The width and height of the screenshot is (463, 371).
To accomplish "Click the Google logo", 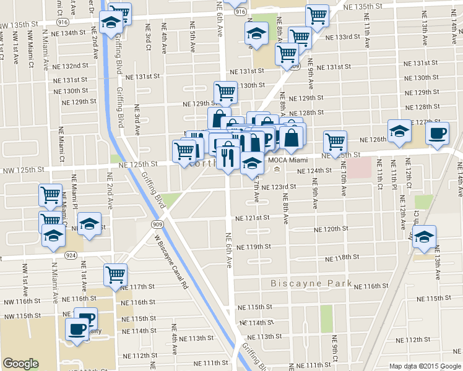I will pyautogui.click(x=20, y=364).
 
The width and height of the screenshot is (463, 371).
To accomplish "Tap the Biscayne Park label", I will pyautogui.click(x=311, y=284).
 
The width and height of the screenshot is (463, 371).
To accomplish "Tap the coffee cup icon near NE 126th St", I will pyautogui.click(x=437, y=133).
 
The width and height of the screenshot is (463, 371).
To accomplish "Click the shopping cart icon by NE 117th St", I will pyautogui.click(x=115, y=274).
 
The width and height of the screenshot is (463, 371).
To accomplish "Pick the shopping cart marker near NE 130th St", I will pyautogui.click(x=226, y=93).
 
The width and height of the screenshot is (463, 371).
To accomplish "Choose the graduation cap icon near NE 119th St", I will pyautogui.click(x=424, y=236).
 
